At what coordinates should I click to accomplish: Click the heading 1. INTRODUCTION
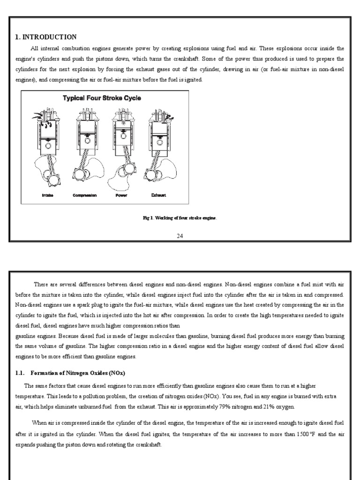pos(45,37)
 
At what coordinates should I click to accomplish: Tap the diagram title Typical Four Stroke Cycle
pos(102,98)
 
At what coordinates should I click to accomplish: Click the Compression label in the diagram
pos(84,195)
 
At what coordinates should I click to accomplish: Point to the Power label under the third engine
pos(121,195)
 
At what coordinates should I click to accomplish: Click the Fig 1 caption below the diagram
pos(180,218)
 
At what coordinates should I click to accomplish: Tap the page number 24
pos(180,235)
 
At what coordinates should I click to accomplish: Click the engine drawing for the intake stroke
pos(46,145)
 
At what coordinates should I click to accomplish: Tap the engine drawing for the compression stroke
pos(84,145)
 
